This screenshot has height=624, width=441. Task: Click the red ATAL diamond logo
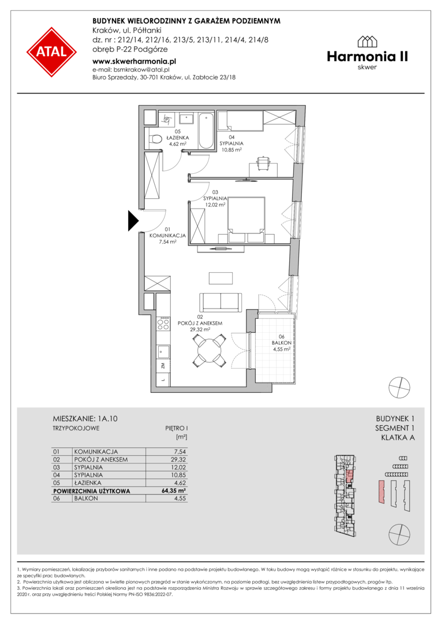click(x=52, y=52)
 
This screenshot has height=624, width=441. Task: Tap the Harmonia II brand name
click(x=367, y=57)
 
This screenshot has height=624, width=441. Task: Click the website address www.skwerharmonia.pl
click(x=134, y=61)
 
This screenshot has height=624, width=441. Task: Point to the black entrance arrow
click(x=133, y=221)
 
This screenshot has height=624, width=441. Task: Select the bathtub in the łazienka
click(x=206, y=130)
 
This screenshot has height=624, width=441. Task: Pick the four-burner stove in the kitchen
click(x=163, y=324)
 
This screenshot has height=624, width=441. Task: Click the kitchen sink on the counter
click(x=163, y=352)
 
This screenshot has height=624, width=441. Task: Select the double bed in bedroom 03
click(x=246, y=220)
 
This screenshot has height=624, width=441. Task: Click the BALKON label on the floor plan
click(x=281, y=343)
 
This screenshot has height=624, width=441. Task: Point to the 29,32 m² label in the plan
click(x=200, y=329)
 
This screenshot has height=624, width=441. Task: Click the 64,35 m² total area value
click(x=174, y=491)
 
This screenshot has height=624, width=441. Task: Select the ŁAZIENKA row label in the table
click(x=88, y=482)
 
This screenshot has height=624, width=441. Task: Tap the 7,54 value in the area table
click(x=180, y=452)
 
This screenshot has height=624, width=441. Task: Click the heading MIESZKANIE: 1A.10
click(x=85, y=419)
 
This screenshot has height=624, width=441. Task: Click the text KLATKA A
click(x=398, y=438)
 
